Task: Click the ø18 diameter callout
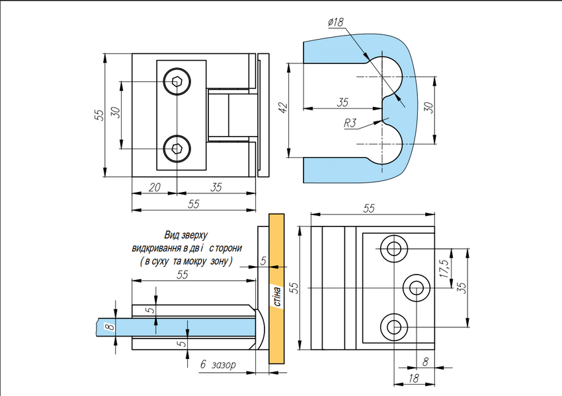[x=335, y=22]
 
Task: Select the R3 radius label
[x=350, y=123]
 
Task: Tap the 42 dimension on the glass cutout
[x=283, y=108]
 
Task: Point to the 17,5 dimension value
[x=444, y=269]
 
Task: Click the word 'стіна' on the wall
[x=277, y=296]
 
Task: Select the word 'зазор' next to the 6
[x=223, y=365]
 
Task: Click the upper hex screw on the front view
[x=177, y=82]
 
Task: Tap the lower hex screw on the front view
[x=177, y=148]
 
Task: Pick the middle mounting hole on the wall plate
[x=417, y=288]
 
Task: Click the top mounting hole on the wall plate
[x=394, y=249]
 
